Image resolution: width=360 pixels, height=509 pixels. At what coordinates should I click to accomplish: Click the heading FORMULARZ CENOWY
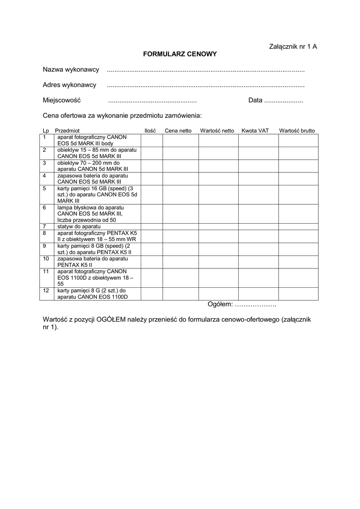coord(180,54)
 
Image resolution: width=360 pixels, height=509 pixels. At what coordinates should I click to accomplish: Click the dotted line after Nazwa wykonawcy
coord(206,70)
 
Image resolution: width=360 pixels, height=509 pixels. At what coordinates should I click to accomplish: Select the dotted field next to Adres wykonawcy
coord(206,85)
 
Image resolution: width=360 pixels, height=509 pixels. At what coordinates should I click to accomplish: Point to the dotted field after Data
coord(283,100)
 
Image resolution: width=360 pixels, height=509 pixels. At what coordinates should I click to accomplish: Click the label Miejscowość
coord(62,100)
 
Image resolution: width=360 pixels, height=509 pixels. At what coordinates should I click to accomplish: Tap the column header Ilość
coord(150,131)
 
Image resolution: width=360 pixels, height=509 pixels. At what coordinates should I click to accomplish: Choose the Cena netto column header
coord(178,131)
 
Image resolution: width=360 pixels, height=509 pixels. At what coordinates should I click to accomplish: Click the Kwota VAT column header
coord(255,131)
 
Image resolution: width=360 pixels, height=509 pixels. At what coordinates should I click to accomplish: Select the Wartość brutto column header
coord(297,131)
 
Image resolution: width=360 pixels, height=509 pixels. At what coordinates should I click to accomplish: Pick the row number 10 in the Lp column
coord(45,259)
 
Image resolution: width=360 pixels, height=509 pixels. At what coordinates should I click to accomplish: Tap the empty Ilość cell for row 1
coord(151,140)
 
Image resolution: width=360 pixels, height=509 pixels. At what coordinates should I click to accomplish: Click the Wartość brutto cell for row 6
coord(297,214)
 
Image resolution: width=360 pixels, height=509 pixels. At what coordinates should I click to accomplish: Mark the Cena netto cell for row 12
coord(180,294)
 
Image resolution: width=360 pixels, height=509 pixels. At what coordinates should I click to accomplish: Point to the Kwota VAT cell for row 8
coord(258,236)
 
